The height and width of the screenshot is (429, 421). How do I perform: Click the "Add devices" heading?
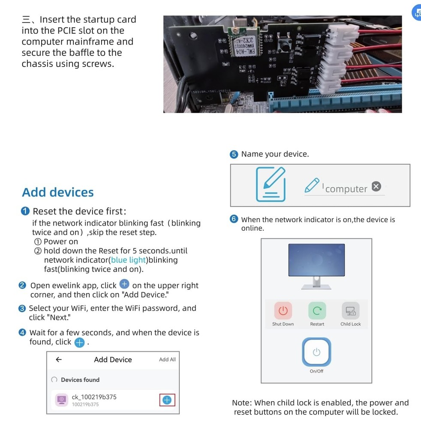tap(57, 192)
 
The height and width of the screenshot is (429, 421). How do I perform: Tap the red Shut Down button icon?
tap(283, 311)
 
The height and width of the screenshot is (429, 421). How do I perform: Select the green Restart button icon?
tap(317, 311)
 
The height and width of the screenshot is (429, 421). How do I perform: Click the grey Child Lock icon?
tap(350, 311)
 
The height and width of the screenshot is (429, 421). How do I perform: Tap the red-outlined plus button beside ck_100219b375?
tap(167, 400)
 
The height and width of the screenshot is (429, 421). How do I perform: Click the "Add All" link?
tap(167, 360)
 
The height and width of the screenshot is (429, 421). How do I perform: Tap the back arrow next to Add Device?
tap(59, 360)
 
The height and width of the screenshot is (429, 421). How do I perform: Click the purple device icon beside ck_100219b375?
tap(62, 400)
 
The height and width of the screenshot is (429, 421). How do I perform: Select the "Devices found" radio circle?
tap(54, 380)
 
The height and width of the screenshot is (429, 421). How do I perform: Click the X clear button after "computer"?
tap(376, 186)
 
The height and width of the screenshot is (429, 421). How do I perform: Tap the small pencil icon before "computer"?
tap(312, 185)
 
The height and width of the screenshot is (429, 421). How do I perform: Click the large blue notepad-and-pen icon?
tap(271, 184)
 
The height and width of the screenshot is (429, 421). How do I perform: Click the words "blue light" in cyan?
tap(128, 260)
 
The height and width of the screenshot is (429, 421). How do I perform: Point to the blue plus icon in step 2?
tap(124, 284)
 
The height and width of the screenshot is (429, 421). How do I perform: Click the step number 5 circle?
tap(234, 154)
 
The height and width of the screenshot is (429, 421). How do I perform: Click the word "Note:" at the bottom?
tap(242, 403)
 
